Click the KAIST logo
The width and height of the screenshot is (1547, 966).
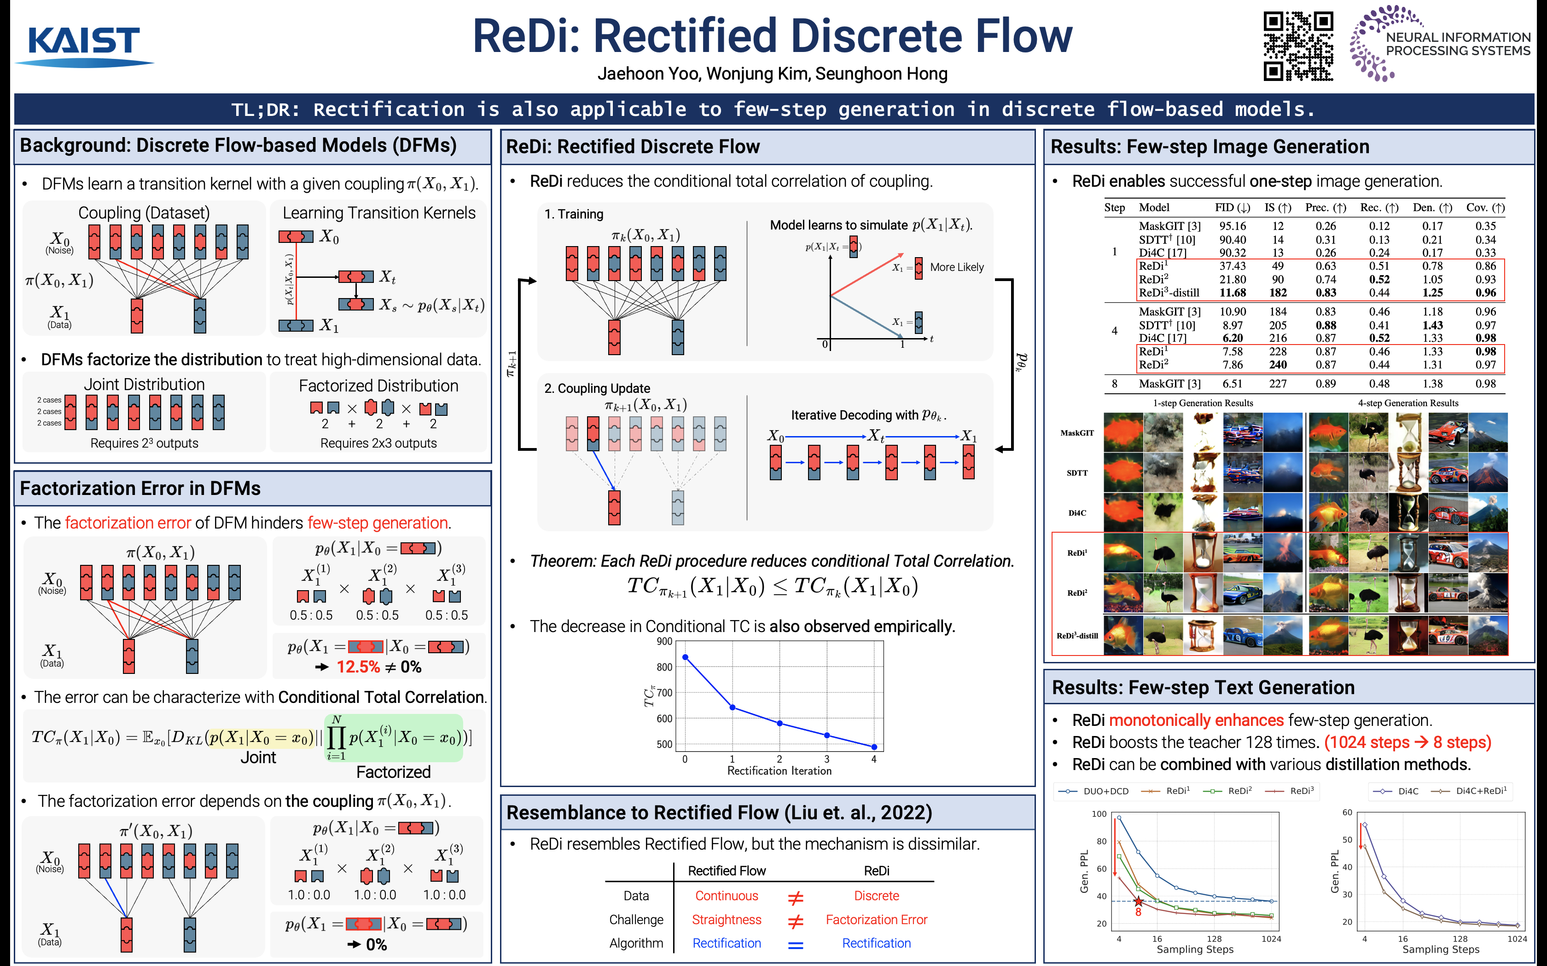tap(84, 45)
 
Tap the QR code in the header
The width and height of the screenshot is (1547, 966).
tap(1298, 46)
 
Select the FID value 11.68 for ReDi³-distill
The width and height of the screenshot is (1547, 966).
tap(1232, 293)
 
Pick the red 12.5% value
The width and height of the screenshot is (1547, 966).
tap(358, 667)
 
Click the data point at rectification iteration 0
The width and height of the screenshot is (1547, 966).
tap(685, 657)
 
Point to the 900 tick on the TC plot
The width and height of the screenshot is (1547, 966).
tap(664, 641)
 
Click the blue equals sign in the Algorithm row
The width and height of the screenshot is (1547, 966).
tap(795, 944)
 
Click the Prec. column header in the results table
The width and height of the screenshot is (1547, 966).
tap(1325, 207)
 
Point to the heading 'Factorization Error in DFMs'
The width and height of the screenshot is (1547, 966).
tap(140, 489)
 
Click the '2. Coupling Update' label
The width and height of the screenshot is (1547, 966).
tap(597, 388)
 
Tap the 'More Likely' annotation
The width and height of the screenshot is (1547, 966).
tap(956, 267)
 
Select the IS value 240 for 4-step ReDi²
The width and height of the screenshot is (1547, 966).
tap(1277, 365)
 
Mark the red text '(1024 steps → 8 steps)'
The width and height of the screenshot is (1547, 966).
tap(1407, 742)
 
